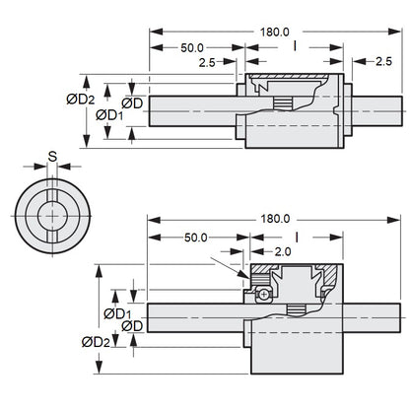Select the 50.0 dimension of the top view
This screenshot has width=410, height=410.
(x=192, y=47)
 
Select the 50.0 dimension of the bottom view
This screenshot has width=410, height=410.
(x=195, y=237)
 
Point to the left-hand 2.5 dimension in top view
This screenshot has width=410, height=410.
(x=207, y=61)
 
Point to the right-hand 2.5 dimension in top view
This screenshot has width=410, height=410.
(x=382, y=61)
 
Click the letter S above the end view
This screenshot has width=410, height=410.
(x=51, y=157)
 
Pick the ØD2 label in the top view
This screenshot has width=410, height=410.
(x=80, y=98)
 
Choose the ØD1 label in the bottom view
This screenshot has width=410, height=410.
(x=118, y=312)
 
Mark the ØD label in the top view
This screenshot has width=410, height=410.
(x=136, y=102)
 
